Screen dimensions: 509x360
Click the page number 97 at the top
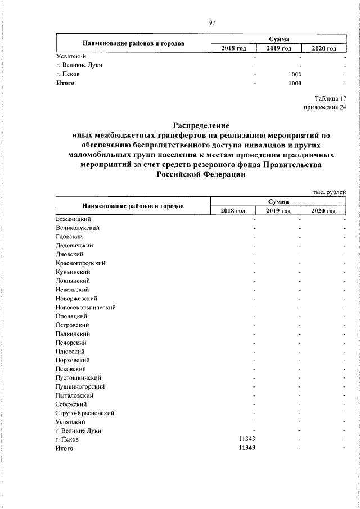point(212,22)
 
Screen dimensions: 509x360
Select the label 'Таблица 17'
point(330,99)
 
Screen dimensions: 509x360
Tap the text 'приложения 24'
point(325,108)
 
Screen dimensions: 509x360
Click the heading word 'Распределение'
point(201,125)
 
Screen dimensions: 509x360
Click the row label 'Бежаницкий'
point(73,219)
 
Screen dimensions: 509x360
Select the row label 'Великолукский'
point(78,228)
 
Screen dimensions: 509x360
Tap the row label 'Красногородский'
point(80,263)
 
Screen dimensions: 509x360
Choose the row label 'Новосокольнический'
point(85,307)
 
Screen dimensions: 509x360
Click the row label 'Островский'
point(72,325)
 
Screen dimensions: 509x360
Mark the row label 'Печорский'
point(71,342)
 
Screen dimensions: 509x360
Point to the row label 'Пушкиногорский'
point(79,386)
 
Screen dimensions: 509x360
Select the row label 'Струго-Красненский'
point(85,413)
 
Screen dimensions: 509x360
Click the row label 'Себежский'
point(71,404)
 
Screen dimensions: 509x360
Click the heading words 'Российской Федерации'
point(201,175)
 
